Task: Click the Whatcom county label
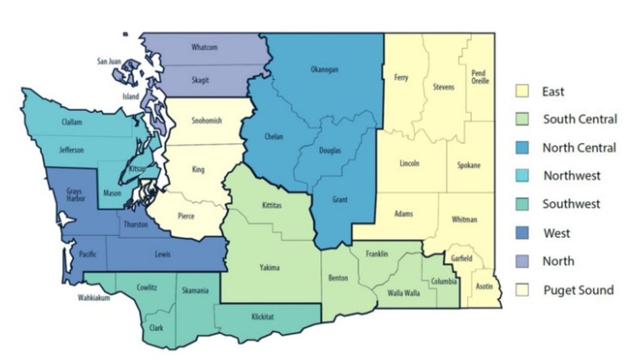204,48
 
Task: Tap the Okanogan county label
324,70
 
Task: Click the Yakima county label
269,267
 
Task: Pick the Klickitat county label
263,317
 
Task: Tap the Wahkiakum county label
94,298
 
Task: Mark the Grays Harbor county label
74,196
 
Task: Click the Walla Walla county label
404,293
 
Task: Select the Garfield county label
461,259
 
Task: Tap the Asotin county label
484,286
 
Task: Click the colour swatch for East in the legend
523,91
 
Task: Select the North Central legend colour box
523,148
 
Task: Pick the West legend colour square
523,233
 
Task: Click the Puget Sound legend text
578,290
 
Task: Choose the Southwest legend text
571,204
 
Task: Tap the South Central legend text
580,119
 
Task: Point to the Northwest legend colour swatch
523,176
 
